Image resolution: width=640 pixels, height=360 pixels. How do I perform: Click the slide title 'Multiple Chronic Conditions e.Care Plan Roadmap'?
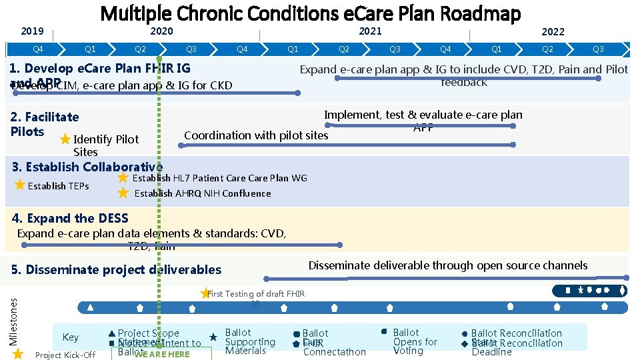click(310, 13)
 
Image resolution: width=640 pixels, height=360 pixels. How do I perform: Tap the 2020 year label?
click(161, 31)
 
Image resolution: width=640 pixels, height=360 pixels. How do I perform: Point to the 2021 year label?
click(371, 31)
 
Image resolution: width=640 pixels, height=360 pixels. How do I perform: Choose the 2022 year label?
click(553, 31)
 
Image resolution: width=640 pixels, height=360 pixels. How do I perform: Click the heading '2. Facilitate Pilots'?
click(45, 124)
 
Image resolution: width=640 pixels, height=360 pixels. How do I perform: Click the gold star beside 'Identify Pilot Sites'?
click(65, 139)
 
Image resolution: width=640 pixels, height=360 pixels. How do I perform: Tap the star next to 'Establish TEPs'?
click(20, 185)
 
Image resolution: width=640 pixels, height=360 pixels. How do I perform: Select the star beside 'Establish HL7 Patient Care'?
click(123, 178)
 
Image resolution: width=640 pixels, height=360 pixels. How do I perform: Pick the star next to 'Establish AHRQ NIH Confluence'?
click(123, 193)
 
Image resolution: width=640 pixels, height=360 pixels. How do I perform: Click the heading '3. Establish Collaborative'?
click(87, 167)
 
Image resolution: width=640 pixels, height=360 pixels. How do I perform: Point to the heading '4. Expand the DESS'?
click(70, 218)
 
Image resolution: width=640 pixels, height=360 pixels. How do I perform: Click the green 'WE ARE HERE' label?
click(162, 354)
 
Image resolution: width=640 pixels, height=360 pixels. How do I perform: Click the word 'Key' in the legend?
click(70, 337)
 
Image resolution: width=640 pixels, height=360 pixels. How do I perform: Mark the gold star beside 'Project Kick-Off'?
click(18, 354)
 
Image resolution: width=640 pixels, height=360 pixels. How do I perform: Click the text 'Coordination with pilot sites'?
click(256, 135)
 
